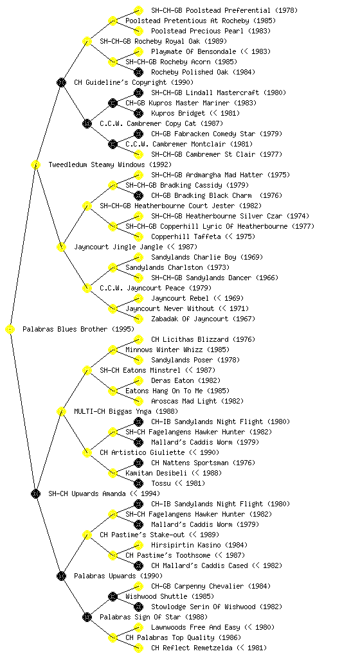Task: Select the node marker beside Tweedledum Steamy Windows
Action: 35,164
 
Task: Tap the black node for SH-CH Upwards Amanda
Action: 35,493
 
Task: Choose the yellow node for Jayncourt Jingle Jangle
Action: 61,247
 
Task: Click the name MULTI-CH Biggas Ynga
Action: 113,411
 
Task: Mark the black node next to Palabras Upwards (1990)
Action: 61,576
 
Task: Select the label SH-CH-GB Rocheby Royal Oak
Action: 150,41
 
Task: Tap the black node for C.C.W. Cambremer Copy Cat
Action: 87,123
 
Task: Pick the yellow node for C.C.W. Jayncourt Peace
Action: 87,288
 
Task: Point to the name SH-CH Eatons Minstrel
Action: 140,370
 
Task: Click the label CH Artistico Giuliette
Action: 142,452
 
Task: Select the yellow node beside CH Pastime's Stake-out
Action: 87,535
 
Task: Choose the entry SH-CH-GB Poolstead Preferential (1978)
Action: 224,10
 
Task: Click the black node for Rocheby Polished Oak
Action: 138,72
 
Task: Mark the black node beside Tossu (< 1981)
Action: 138,483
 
